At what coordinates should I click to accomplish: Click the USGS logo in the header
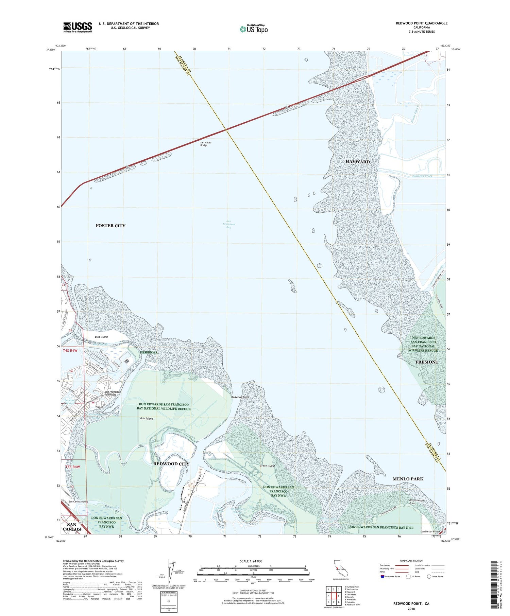78,27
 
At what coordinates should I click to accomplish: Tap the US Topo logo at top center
254,29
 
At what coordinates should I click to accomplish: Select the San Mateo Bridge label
206,144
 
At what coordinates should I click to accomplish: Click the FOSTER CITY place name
111,226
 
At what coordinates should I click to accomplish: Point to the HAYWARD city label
357,162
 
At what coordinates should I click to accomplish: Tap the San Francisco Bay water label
229,224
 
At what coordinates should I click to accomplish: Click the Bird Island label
101,337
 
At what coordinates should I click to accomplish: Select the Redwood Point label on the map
240,397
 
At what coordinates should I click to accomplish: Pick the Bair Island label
147,419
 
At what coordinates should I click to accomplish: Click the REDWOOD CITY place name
171,464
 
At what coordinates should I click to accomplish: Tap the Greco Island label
267,465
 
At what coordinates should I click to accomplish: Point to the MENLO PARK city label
408,479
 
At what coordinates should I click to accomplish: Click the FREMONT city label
427,362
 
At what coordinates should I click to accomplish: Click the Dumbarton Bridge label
430,532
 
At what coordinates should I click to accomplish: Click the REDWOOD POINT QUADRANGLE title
421,23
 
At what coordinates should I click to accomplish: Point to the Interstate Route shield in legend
382,577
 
